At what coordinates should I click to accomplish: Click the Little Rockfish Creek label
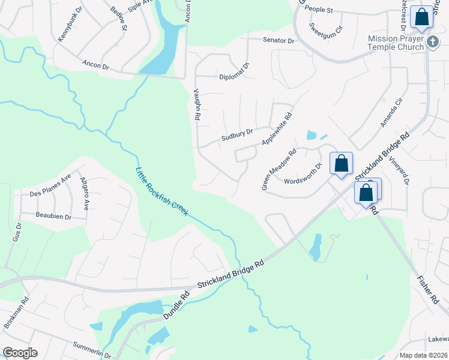(163, 191)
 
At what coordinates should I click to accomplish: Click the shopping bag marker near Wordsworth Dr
(341, 164)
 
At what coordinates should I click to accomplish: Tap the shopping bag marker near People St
(422, 18)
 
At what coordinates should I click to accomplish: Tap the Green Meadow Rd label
(279, 170)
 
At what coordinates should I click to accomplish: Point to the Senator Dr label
(279, 41)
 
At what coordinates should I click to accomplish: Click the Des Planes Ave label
(50, 185)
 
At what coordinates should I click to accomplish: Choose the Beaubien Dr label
(53, 216)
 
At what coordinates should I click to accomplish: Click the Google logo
(20, 353)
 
